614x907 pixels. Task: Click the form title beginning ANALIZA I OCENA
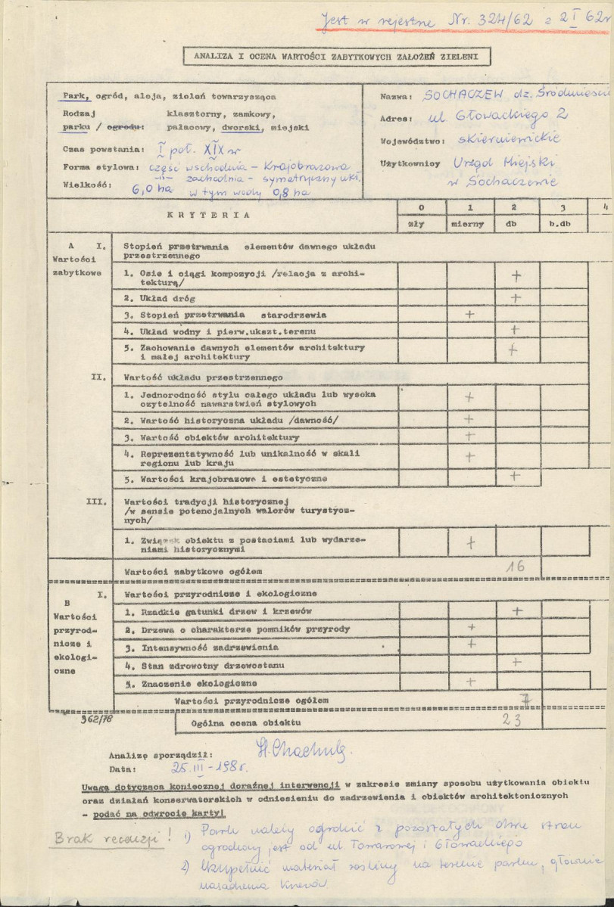(x=330, y=55)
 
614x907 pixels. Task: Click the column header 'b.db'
(x=562, y=225)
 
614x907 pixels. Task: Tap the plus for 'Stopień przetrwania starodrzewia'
(x=469, y=313)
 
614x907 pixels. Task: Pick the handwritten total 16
(x=516, y=565)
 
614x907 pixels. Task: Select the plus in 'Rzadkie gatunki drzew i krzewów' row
(x=517, y=610)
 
